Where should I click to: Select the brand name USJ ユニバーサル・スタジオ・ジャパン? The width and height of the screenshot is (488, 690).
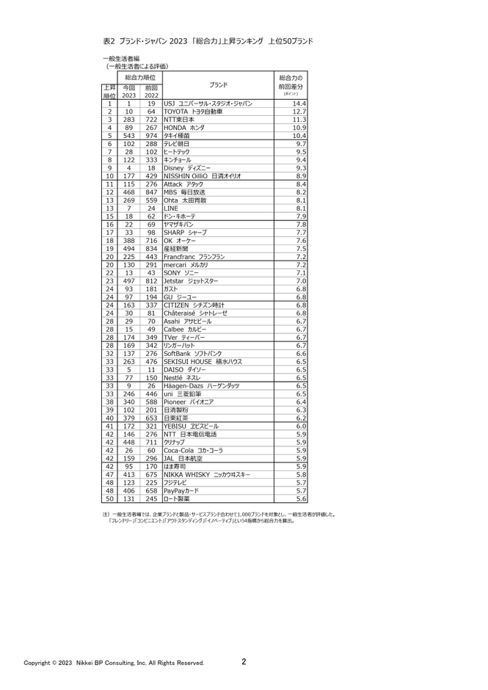[x=208, y=103]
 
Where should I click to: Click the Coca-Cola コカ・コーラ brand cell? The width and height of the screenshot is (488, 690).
[x=194, y=451]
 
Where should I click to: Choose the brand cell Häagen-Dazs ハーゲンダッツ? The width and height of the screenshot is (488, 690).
[x=199, y=385]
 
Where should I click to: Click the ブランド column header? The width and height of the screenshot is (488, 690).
[x=218, y=85]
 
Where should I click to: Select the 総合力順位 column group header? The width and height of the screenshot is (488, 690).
[x=139, y=77]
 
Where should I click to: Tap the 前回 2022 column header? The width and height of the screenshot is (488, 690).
[x=151, y=90]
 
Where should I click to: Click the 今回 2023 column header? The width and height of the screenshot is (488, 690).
[x=129, y=90]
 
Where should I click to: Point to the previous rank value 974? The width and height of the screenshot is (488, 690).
[x=151, y=136]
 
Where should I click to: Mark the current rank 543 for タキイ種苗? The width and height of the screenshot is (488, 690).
[x=129, y=136]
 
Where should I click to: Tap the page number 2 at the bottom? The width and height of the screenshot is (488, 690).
[x=244, y=661]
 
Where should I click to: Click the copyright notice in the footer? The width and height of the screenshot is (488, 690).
[x=114, y=663]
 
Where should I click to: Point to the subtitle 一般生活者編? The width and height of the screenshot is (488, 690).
[x=121, y=58]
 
